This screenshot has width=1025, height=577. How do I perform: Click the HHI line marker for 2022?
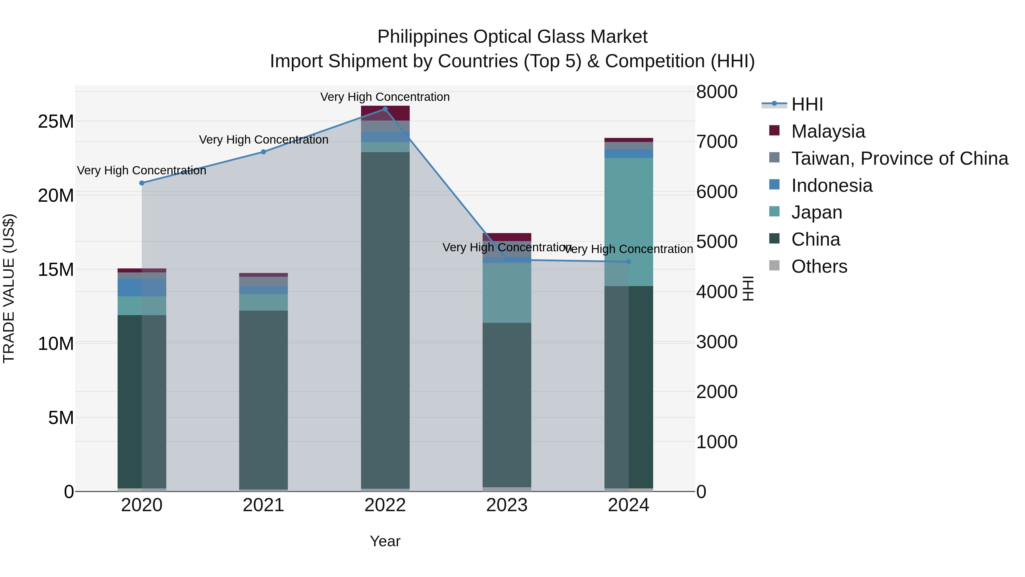pyautogui.click(x=385, y=109)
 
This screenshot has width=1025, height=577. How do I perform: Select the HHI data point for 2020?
pyautogui.click(x=142, y=183)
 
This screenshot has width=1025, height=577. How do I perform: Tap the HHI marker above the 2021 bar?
pyautogui.click(x=263, y=152)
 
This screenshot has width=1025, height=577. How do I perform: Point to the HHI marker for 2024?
pyautogui.click(x=628, y=262)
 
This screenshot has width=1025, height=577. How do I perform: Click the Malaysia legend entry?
pyautogui.click(x=828, y=131)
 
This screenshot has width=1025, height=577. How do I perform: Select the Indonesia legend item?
pyautogui.click(x=832, y=185)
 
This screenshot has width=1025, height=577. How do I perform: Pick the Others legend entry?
pyautogui.click(x=819, y=266)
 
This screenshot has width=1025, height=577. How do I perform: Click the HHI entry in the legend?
pyautogui.click(x=807, y=104)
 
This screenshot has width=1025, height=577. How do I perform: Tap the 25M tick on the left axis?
pyautogui.click(x=56, y=121)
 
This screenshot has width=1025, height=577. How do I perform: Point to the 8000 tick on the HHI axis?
pyautogui.click(x=717, y=91)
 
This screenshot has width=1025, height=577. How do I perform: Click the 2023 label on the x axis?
pyautogui.click(x=507, y=505)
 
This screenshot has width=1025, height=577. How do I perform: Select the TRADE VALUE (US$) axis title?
pyautogui.click(x=9, y=288)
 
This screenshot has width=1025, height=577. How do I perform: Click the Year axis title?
pyautogui.click(x=385, y=541)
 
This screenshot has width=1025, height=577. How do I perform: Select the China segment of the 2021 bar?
pyautogui.click(x=263, y=398)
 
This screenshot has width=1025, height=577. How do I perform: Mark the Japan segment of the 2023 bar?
pyautogui.click(x=507, y=293)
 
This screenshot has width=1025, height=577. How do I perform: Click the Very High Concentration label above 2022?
pyautogui.click(x=385, y=97)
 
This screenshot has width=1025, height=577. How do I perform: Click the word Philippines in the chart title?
pyautogui.click(x=423, y=37)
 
